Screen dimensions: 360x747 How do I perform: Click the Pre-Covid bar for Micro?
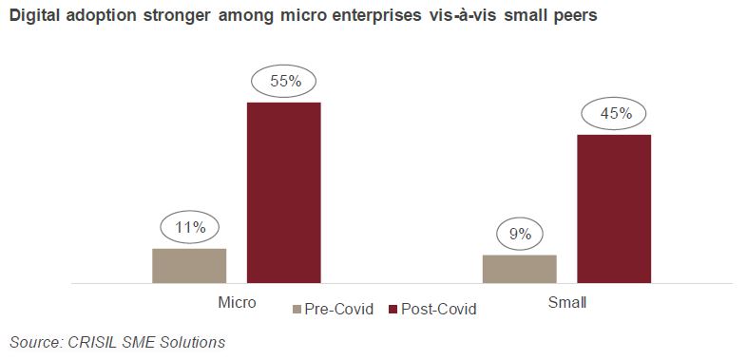pyautogui.click(x=189, y=266)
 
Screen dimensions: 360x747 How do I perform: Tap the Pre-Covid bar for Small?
pyautogui.click(x=519, y=269)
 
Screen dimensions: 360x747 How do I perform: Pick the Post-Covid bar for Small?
pyautogui.click(x=614, y=209)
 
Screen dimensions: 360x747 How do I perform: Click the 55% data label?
pyautogui.click(x=285, y=82)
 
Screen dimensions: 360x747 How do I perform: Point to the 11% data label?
pyautogui.click(x=189, y=228)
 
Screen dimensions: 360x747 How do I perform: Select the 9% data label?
pyautogui.click(x=520, y=234)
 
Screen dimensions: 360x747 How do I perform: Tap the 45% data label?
pyautogui.click(x=615, y=114)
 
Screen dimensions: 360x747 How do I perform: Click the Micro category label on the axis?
pyautogui.click(x=237, y=303)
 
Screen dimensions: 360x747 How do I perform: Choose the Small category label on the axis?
pyautogui.click(x=567, y=303)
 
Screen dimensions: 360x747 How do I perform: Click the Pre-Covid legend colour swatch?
pyautogui.click(x=296, y=310)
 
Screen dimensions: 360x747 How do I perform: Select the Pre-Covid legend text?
pyautogui.click(x=338, y=310)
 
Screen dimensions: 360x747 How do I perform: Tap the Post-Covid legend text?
pyautogui.click(x=438, y=310)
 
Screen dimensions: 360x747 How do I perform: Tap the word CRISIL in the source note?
pyautogui.click(x=86, y=341)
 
